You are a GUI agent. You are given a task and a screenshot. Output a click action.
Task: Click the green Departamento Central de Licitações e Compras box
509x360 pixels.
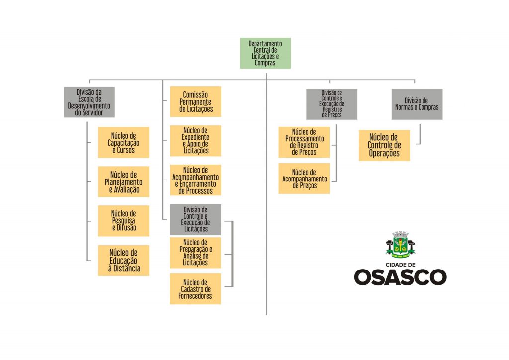click(265, 53)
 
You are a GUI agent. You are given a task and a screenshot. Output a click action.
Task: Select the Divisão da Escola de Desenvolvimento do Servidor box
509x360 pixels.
click(89, 102)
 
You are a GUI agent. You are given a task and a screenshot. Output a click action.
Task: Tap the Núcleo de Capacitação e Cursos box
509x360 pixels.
click(123, 142)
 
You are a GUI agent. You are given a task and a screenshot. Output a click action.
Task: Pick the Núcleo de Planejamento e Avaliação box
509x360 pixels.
click(123, 182)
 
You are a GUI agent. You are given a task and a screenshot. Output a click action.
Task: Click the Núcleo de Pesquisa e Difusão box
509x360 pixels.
click(123, 221)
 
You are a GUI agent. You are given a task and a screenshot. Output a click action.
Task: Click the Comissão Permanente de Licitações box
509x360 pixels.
click(195, 101)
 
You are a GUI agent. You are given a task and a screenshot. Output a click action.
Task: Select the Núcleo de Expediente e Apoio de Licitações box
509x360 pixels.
click(195, 141)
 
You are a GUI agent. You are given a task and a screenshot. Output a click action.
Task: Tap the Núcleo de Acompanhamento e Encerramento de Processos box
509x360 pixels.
click(195, 180)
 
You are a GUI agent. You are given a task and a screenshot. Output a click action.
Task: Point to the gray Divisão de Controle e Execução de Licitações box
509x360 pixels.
click(195, 219)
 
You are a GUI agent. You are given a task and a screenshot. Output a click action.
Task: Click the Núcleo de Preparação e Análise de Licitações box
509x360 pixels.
click(195, 253)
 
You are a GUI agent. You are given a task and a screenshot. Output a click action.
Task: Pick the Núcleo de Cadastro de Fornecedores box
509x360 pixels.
click(195, 289)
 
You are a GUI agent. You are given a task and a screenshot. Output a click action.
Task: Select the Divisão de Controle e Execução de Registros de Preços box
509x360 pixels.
click(332, 104)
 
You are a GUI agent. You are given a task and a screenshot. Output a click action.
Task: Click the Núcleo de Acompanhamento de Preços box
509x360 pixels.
click(304, 179)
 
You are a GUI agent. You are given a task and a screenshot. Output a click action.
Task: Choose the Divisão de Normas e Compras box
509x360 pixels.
click(417, 104)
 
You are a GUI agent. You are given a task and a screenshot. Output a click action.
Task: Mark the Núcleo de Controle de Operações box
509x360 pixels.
click(384, 145)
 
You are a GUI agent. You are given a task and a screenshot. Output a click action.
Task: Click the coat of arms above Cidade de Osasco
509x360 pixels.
click(400, 245)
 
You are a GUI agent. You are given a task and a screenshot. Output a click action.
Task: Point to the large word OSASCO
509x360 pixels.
click(400, 277)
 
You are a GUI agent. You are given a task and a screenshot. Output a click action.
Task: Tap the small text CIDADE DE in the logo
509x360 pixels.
click(400, 265)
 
